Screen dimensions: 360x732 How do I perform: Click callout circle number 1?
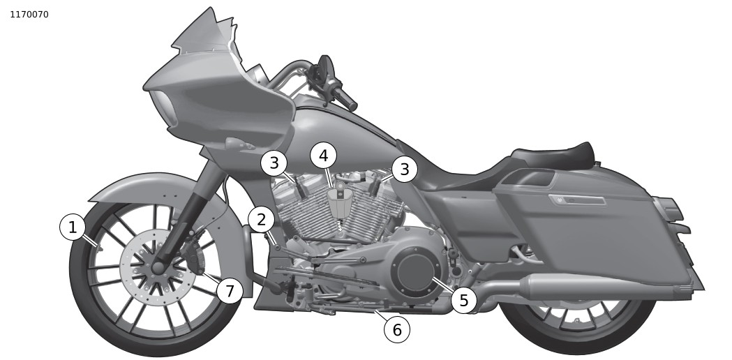point(73,227)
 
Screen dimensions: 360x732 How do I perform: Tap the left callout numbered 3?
point(274,164)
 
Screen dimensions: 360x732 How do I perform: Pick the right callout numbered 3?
point(404,169)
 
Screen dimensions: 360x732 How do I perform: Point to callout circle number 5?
point(464,301)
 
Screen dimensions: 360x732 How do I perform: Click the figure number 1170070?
point(29,15)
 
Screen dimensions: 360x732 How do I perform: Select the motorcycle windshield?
point(202,35)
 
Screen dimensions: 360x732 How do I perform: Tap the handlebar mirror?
point(322,70)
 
